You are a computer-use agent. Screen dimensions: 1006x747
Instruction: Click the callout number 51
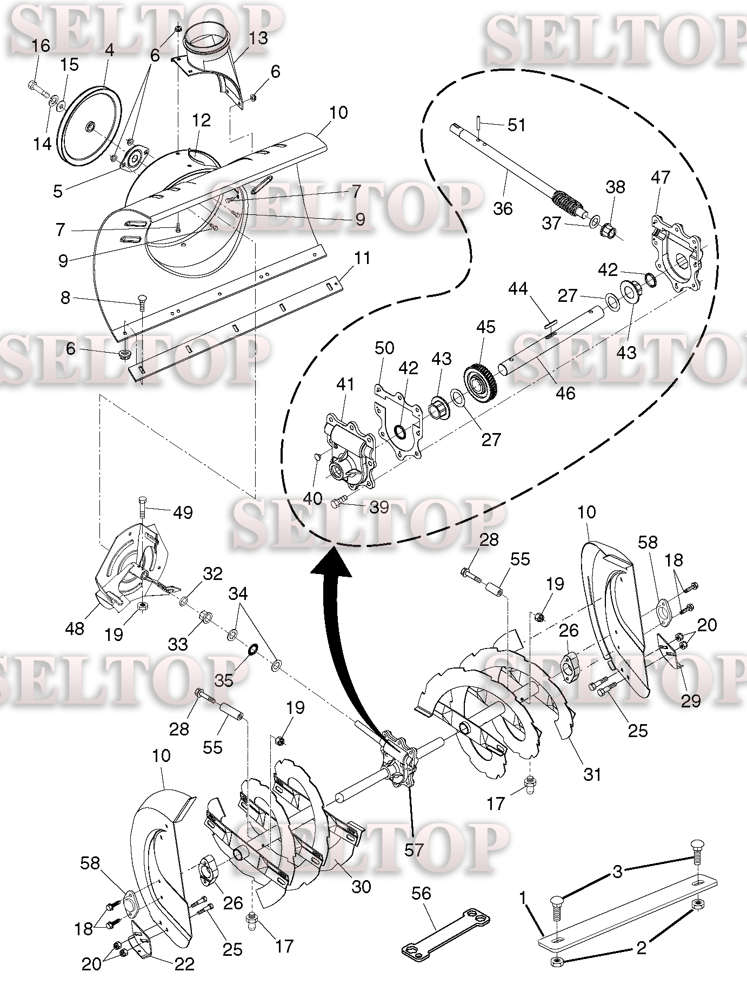pyautogui.click(x=516, y=125)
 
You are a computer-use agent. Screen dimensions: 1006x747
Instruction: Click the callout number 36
pyautogui.click(x=502, y=208)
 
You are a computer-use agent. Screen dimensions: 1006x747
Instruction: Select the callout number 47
pyautogui.click(x=660, y=177)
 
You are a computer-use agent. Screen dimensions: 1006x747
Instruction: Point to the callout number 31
pyautogui.click(x=592, y=774)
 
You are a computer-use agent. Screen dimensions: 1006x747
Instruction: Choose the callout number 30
pyautogui.click(x=361, y=886)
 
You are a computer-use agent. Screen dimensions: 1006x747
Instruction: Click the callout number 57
pyautogui.click(x=413, y=850)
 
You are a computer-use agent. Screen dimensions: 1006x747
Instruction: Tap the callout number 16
pyautogui.click(x=41, y=46)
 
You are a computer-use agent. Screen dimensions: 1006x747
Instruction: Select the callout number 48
pyautogui.click(x=75, y=628)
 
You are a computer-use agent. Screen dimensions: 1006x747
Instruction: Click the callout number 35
pyautogui.click(x=224, y=679)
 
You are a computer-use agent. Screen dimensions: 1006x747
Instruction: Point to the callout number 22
pyautogui.click(x=184, y=964)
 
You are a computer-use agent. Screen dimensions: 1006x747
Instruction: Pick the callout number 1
pyautogui.click(x=522, y=897)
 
